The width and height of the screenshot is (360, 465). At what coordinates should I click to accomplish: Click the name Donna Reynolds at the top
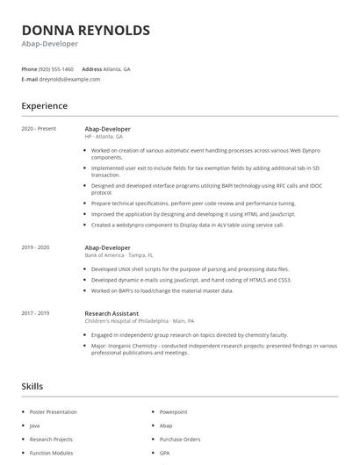click(85, 30)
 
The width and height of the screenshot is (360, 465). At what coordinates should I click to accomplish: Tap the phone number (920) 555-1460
click(56, 68)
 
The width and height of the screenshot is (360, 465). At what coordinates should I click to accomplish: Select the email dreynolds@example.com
click(69, 79)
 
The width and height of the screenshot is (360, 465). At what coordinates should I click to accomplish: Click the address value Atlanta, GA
click(117, 68)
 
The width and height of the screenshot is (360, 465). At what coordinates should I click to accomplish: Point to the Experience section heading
click(44, 106)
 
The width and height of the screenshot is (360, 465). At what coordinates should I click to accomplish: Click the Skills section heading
click(32, 385)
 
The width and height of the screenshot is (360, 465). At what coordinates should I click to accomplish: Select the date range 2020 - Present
click(39, 129)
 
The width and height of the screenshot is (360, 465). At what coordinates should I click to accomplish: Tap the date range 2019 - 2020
click(35, 248)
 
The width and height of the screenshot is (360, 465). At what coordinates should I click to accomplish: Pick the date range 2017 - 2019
click(35, 313)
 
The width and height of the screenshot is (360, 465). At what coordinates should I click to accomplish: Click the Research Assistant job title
click(112, 313)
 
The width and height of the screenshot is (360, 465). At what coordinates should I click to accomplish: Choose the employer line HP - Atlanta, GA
click(104, 137)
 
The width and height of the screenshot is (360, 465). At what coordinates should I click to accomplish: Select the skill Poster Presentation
click(53, 411)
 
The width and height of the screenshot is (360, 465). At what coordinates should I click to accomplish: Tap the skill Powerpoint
click(174, 411)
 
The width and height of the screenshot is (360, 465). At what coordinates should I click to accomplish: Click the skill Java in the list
click(35, 426)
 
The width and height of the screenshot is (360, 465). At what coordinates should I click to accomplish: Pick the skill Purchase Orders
click(179, 439)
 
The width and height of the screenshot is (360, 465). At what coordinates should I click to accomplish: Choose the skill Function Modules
click(51, 453)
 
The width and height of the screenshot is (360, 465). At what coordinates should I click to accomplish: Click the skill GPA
click(164, 453)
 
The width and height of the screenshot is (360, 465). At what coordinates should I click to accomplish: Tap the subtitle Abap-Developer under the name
click(50, 43)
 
